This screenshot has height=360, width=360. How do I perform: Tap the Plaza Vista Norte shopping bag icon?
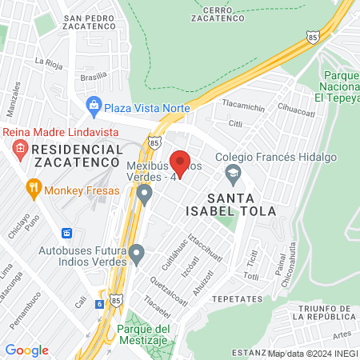coord(94,105)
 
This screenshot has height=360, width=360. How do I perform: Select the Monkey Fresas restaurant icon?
coord(33,190)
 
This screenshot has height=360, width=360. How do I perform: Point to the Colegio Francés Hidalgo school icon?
coord(233,172)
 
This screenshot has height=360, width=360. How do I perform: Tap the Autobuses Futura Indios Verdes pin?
coord(137,256)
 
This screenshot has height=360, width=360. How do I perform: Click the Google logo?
coord(26,350)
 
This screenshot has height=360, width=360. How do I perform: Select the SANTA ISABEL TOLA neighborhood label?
coord(241,205)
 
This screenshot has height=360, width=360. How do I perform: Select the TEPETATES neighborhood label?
coord(238,298)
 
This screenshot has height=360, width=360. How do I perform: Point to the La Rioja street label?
coord(48,60)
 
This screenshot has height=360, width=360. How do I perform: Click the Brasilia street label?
coord(94,78)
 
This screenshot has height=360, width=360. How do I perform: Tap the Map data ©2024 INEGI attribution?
coord(312,353)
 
